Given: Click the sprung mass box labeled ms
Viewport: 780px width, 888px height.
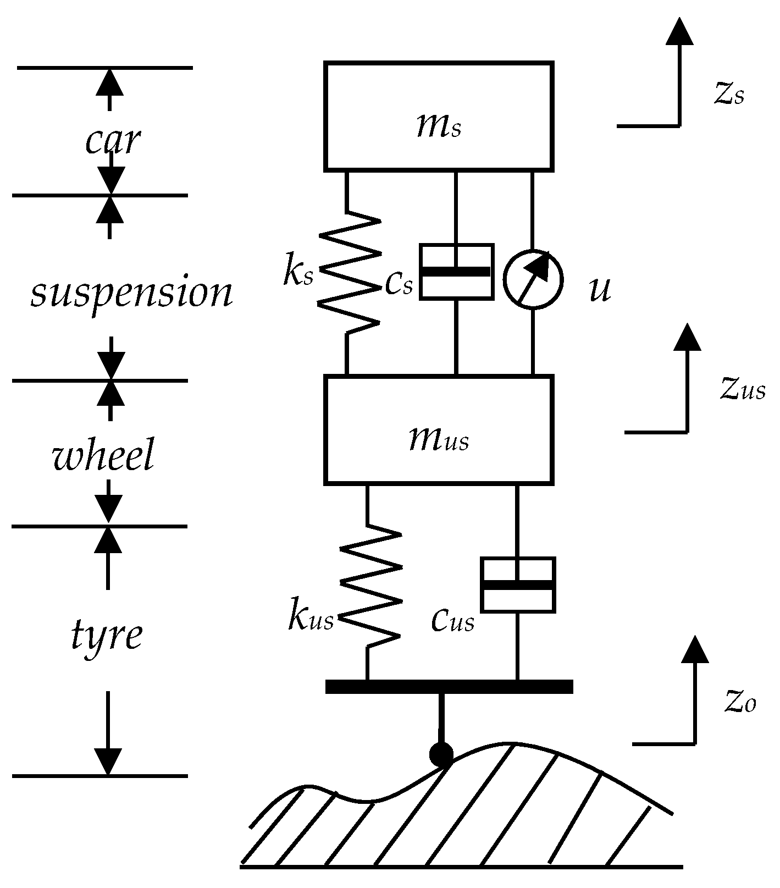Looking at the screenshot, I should (439, 116).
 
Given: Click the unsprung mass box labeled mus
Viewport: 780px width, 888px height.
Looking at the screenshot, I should (439, 430).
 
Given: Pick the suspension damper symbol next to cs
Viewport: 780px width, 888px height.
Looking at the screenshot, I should (456, 272).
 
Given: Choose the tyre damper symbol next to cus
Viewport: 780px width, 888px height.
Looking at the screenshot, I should (517, 584).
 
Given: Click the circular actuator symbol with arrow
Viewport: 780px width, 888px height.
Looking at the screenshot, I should (533, 279).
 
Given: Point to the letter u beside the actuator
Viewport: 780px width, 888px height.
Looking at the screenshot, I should (600, 289).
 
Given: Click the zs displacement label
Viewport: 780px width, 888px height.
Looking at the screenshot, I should (729, 93).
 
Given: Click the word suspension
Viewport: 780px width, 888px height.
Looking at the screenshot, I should (131, 293).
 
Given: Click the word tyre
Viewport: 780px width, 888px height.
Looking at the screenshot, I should (107, 636).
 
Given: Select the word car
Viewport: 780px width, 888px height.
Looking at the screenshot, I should (112, 140).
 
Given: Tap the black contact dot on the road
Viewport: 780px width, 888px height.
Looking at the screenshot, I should (441, 755).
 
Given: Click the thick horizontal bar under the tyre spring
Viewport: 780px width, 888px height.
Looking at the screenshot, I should (449, 686).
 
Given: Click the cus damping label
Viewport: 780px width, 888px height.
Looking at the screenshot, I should (452, 620).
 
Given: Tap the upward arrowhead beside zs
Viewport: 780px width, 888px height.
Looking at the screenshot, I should (679, 32).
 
